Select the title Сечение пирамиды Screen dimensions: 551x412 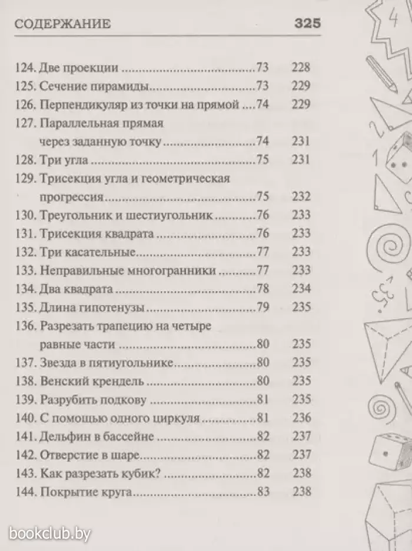[92, 86]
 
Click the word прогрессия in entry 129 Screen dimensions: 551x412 [72, 198]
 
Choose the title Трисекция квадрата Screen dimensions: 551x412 [97, 234]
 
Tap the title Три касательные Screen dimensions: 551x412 [88, 252]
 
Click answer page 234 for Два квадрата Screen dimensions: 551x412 [300, 289]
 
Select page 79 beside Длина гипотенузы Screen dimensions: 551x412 [263, 308]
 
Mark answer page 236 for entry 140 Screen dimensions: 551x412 [300, 418]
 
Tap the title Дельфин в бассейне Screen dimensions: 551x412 [97, 436]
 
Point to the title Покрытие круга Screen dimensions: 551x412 [85, 492]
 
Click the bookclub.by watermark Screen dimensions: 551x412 [50, 534]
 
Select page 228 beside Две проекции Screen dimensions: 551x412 [300, 67]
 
